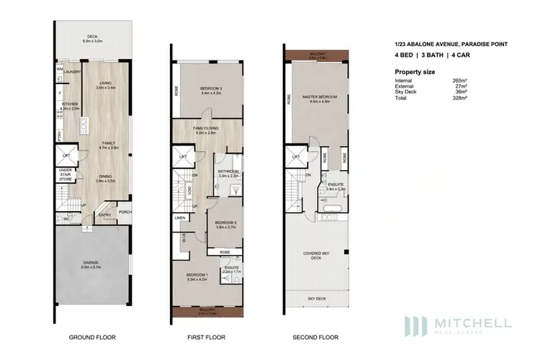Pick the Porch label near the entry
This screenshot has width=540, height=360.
[x=125, y=211]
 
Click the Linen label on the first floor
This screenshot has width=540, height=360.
[x=180, y=217]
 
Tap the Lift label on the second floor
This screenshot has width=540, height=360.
[x=295, y=155]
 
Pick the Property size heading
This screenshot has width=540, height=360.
[x=415, y=72]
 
